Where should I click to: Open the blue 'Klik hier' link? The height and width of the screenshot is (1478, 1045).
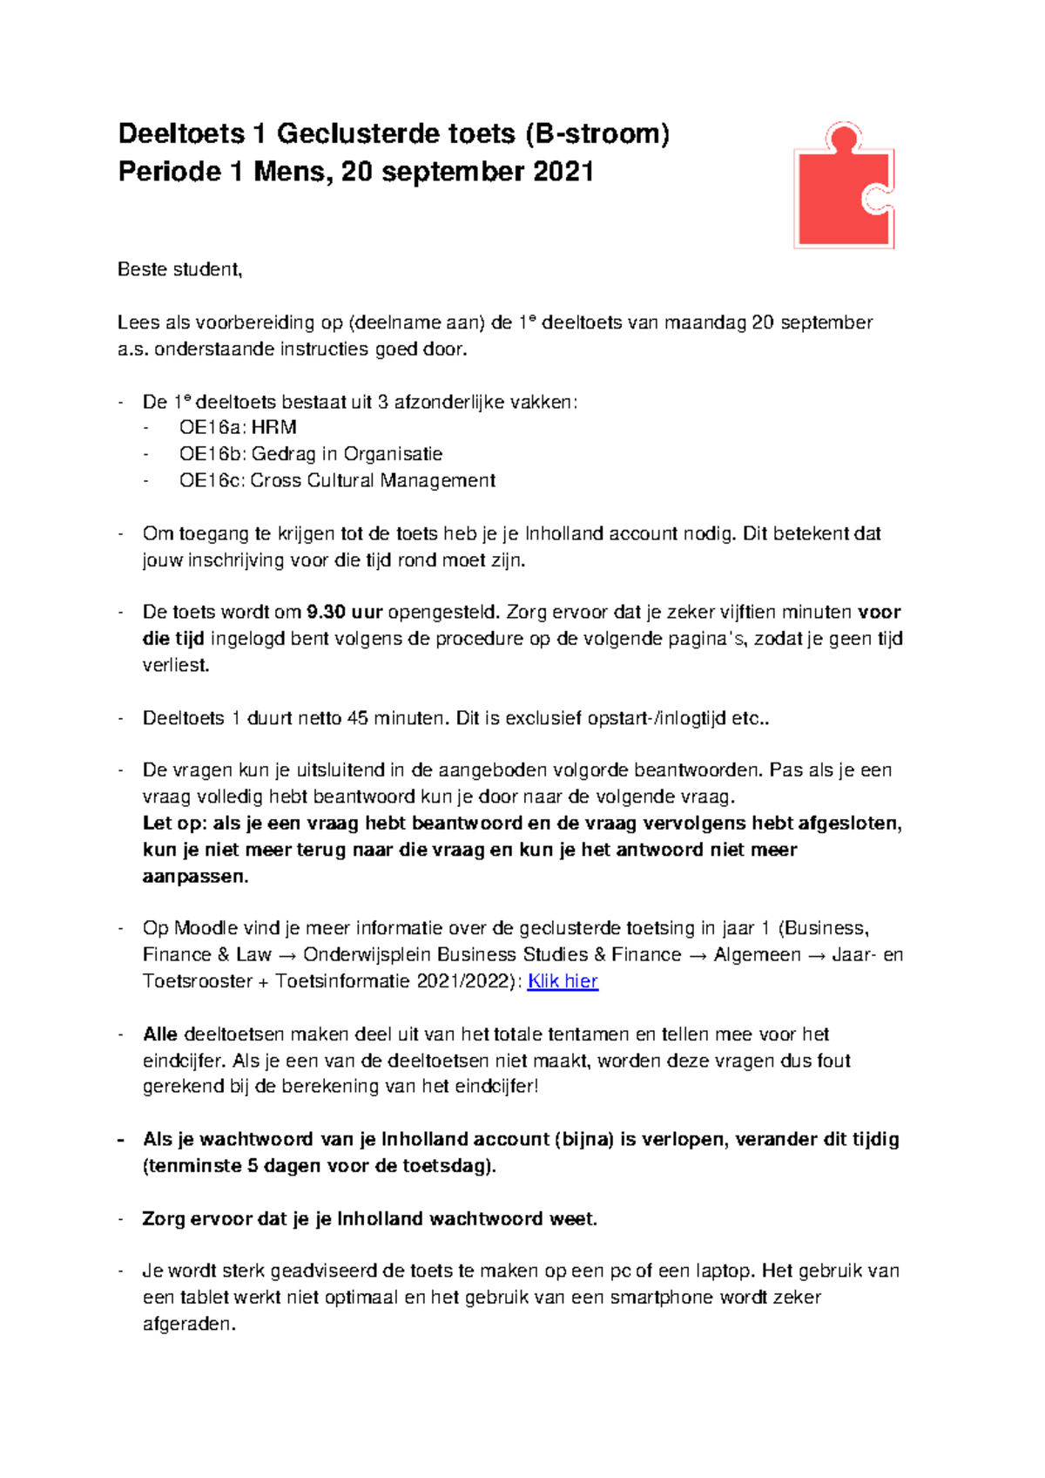coord(563,981)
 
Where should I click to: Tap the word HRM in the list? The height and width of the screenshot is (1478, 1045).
coord(274,428)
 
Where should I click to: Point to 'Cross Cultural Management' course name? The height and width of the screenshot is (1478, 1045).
coord(373,481)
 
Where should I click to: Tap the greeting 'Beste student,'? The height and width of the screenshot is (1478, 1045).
coord(179,269)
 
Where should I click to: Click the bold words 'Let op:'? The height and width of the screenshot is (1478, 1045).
coord(173,824)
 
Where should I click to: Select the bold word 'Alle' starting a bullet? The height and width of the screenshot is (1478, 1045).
coord(160,1034)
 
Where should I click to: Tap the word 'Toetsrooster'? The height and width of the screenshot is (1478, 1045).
coord(197,981)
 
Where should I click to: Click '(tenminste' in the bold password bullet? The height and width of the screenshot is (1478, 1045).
coord(192,1166)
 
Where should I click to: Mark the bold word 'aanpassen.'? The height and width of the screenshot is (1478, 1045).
coord(195,877)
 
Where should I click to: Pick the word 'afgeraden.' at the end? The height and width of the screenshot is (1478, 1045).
coord(189,1325)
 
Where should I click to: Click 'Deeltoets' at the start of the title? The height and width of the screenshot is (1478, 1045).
coord(181,133)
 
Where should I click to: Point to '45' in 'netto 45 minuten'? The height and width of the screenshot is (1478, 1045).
coord(357,719)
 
